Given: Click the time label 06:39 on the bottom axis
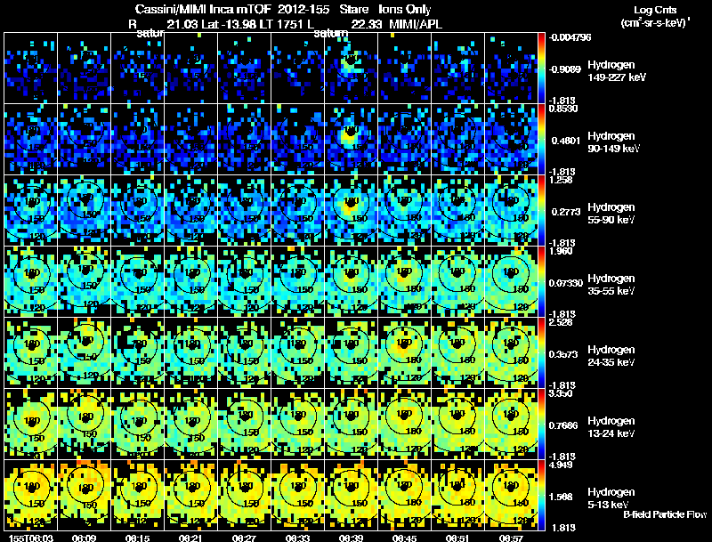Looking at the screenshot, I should coord(350,538).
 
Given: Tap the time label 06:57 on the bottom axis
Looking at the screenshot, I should coord(511,538).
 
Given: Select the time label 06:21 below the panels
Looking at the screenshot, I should coord(190,538).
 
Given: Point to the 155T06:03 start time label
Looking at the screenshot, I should coord(28,538).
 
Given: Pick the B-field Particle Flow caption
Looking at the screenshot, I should coord(664,514).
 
